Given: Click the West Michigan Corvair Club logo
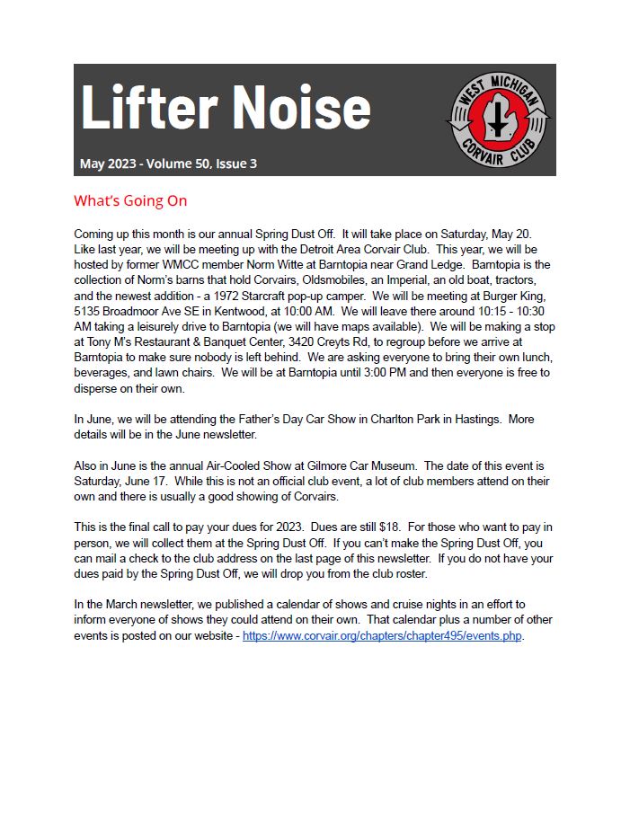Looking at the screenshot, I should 500,120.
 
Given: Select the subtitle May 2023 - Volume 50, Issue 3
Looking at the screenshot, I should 168,164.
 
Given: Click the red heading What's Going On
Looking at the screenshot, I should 130,200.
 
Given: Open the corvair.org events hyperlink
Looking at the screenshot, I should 382,636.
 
